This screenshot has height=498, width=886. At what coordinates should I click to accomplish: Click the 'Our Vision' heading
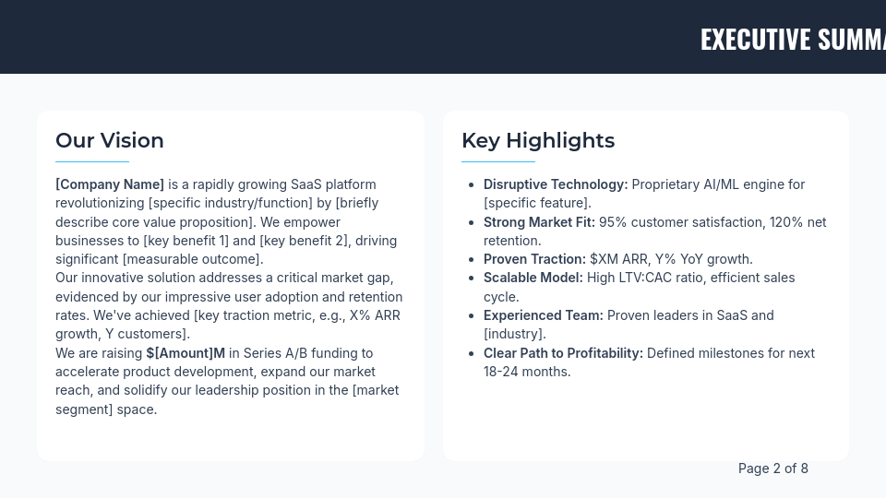coord(110,140)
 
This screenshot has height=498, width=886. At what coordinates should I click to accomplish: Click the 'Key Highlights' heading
coord(538,140)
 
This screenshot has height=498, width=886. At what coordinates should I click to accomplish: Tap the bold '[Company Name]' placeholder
coord(110,184)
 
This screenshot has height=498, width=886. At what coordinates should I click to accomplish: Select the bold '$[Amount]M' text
coord(186,353)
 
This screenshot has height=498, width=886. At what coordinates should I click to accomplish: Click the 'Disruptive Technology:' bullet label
coord(556,184)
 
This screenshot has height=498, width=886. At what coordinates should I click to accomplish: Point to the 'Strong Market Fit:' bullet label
coord(539,222)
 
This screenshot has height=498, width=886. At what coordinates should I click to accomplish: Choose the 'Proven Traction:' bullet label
coord(534,259)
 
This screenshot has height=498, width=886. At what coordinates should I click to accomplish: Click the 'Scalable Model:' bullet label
coord(533,278)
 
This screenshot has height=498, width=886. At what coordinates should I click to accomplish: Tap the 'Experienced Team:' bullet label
coord(544,315)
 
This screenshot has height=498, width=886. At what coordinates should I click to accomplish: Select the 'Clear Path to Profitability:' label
coord(563,353)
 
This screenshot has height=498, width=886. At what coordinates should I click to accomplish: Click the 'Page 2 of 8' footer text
coord(773,468)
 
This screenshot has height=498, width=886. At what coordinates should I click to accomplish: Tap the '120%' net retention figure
coord(784,222)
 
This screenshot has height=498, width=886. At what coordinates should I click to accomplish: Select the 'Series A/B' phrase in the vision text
coord(279,353)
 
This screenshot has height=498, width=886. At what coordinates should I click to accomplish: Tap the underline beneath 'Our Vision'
coord(92,161)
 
